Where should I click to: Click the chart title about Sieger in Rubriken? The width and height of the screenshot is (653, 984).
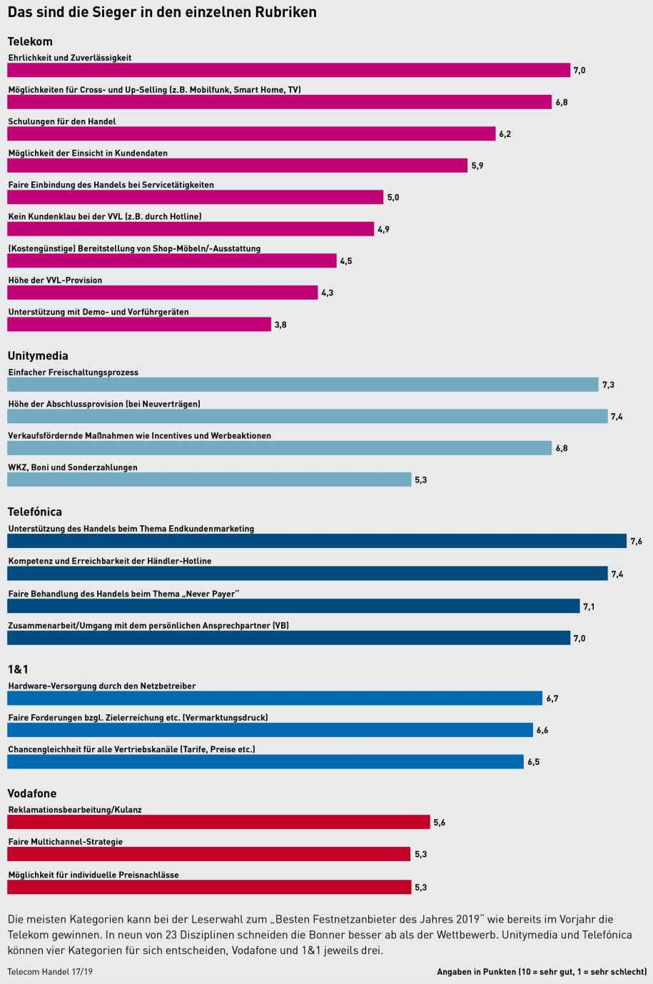[162, 13]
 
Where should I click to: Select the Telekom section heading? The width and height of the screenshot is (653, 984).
[30, 41]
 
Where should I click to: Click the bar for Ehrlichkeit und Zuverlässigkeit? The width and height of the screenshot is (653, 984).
[288, 70]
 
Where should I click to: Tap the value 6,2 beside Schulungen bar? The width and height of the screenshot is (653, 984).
[505, 134]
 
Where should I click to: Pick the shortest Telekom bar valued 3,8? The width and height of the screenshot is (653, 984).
[139, 325]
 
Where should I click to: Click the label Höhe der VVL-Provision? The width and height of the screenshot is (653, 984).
[55, 280]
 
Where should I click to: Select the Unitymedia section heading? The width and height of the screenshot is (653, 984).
[38, 355]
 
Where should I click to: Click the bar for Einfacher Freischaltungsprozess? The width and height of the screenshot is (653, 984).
[303, 385]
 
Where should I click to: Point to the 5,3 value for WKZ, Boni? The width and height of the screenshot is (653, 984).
[420, 480]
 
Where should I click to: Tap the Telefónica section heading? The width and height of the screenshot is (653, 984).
[35, 512]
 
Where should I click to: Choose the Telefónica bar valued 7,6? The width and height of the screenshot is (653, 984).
[317, 542]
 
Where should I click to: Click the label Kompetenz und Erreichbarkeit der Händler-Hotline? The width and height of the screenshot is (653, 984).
[110, 561]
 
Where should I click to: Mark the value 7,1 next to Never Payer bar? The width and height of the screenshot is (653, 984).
[589, 607]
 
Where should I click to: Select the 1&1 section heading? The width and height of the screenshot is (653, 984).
[18, 669]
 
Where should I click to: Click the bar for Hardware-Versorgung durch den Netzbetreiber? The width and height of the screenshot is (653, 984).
[275, 698]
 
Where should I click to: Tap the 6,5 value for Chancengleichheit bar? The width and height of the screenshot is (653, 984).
[533, 762]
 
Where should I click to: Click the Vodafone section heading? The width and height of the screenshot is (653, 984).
[32, 793]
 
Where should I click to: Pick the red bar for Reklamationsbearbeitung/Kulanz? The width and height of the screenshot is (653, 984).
[218, 823]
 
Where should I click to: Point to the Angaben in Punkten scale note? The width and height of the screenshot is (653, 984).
[542, 972]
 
